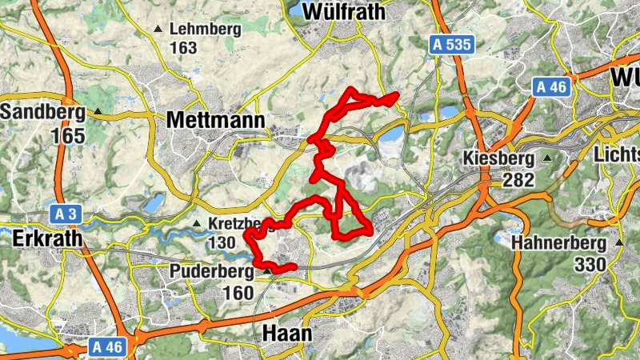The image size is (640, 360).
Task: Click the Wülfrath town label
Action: pyautogui.click(x=345, y=13)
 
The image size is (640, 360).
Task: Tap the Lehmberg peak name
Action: pyautogui.click(x=204, y=29)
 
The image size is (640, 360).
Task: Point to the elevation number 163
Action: pyautogui.click(x=183, y=47)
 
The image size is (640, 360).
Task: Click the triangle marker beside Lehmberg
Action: pyautogui.click(x=157, y=30)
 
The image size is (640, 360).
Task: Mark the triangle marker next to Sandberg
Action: pyautogui.click(x=98, y=112)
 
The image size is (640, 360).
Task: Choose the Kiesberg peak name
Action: pyautogui.click(x=500, y=158)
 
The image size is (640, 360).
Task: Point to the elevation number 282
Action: pyautogui.click(x=518, y=181)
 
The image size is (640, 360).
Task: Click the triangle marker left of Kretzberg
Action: pyautogui.click(x=197, y=223)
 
